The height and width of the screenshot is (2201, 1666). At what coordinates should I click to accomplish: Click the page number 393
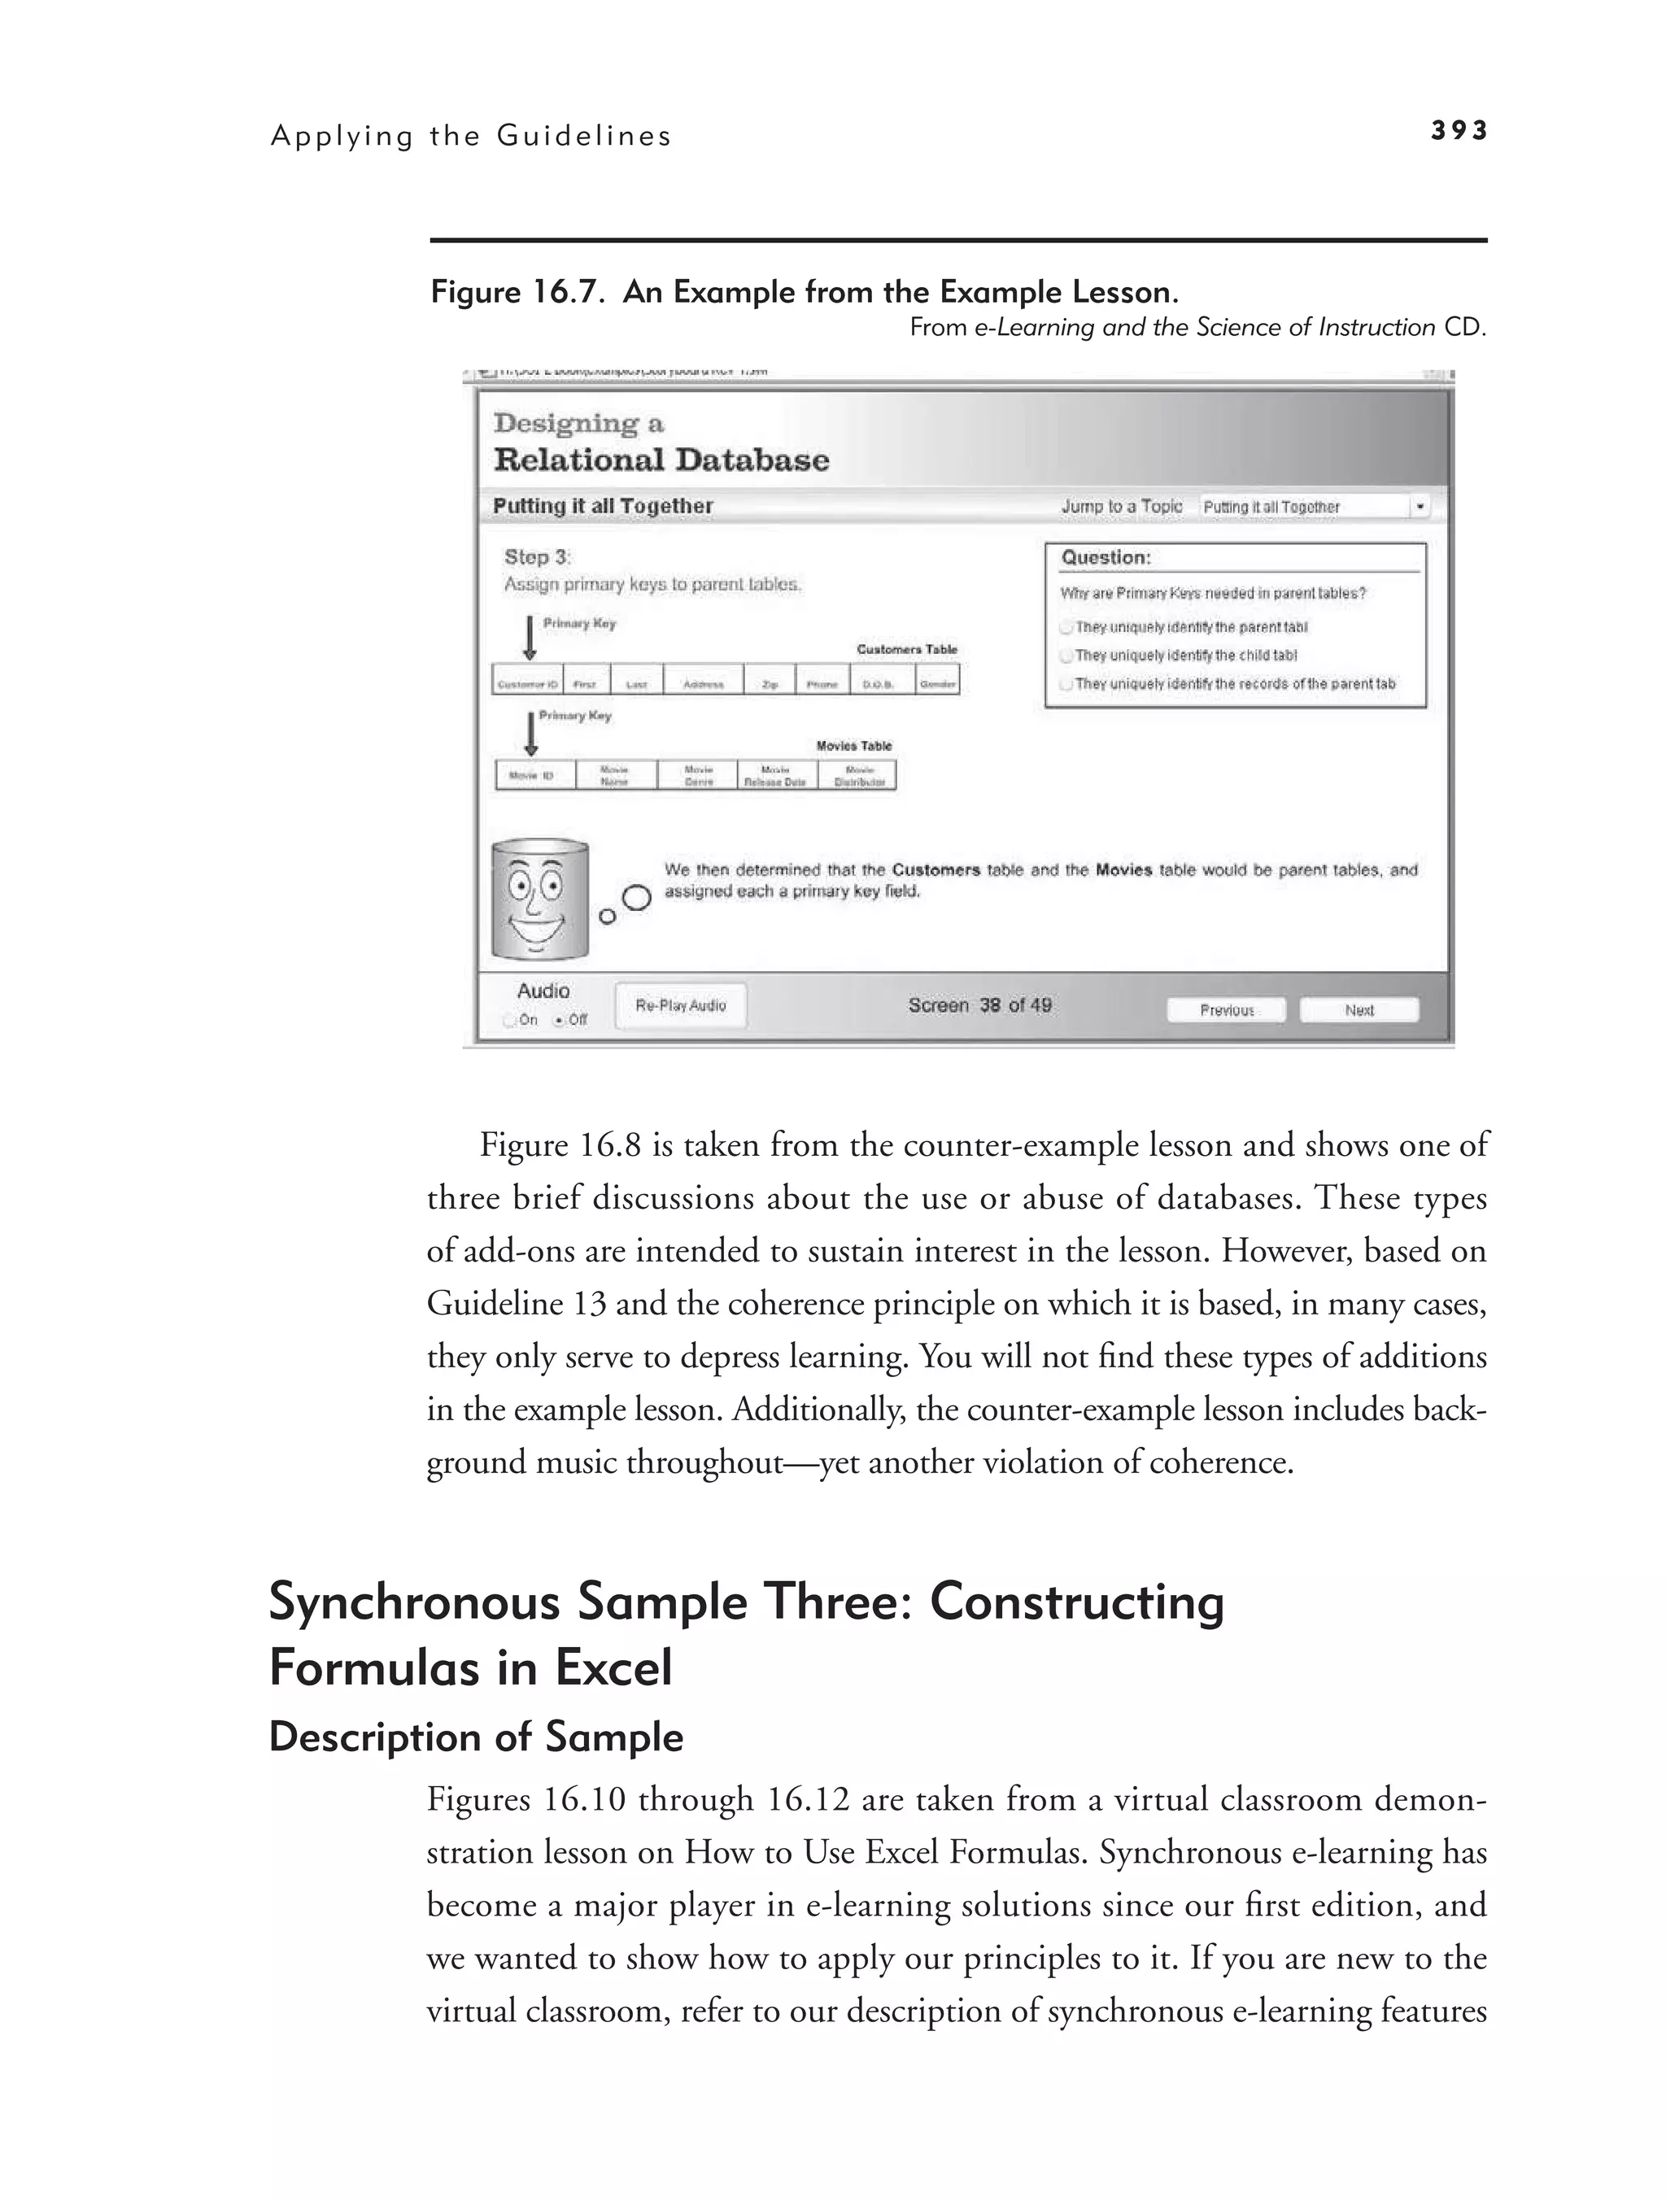1458,130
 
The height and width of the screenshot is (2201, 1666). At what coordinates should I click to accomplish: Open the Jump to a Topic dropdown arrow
1420,507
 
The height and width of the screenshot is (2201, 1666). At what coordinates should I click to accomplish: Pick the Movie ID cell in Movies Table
535,775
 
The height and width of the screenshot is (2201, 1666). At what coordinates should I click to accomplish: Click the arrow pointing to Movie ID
530,734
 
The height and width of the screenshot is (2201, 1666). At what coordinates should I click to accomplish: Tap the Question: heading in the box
1106,557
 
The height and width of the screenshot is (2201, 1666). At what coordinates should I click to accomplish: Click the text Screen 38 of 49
979,1005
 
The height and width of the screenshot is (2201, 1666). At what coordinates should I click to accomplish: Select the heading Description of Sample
476,1737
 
